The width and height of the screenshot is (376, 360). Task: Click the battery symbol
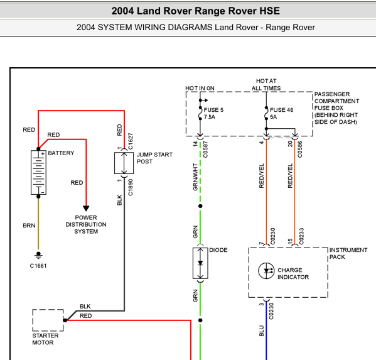pos(38,172)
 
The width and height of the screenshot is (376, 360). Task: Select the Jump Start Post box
pos(124,163)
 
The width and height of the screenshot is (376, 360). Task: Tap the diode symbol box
pos(200,263)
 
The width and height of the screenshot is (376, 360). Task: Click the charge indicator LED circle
pos(266,271)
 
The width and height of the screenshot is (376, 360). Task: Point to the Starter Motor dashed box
pos(48,320)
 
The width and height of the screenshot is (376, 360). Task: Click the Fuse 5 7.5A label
pos(213,113)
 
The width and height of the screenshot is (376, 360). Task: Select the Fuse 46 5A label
pos(281,113)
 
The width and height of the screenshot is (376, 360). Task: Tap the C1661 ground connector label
pos(38,266)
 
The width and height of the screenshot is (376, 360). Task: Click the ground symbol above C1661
pos(38,255)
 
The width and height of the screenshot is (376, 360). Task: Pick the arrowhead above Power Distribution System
pos(86,208)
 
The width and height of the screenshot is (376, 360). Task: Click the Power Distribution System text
pos(86,224)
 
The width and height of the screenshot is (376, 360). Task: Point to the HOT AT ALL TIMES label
pos(266,84)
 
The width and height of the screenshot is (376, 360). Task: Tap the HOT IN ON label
pos(200,88)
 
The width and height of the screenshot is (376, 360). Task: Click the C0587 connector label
pos(205,150)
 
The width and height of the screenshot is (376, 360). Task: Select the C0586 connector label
pos(300,150)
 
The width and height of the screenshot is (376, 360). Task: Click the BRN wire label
pos(29,226)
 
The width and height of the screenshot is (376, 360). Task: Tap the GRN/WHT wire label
pos(195,177)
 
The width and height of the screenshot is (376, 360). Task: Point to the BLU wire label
pos(261,330)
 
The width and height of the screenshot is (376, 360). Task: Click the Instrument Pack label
pos(348,253)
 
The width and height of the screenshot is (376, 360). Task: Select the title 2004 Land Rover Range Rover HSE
pos(196,11)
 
